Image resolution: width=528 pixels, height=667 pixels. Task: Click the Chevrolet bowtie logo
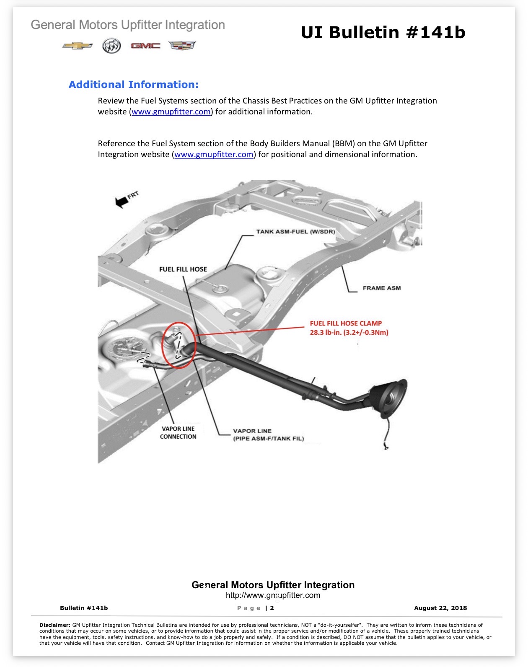pos(77,46)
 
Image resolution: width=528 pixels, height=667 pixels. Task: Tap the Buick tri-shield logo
pos(111,46)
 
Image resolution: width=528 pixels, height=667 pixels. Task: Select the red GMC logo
pos(145,46)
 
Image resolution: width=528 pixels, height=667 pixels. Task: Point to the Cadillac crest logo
pos(182,46)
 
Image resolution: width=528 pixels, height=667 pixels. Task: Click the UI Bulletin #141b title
pos(383,32)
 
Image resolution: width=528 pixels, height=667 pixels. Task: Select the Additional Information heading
pos(134,84)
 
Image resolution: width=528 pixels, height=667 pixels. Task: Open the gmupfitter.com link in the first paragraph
pos(171,111)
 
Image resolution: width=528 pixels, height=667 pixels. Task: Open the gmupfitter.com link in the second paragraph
pos(214,154)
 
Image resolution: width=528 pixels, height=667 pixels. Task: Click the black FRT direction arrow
pos(122,202)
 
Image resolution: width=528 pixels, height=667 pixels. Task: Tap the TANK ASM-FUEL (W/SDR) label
pos(295,232)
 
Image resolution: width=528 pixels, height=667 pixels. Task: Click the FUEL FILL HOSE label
pos(183,269)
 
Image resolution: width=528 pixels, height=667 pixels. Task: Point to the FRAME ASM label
pos(382,288)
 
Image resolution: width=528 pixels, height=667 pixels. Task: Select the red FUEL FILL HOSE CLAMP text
pos(346,323)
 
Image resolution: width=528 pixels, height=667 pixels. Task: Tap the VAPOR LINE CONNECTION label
pos(178,432)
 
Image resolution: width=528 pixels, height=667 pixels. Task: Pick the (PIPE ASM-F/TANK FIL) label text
pos(269,439)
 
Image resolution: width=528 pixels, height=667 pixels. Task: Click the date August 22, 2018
pos(440,608)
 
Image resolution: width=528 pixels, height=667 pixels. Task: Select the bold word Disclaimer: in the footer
pos(55,625)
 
